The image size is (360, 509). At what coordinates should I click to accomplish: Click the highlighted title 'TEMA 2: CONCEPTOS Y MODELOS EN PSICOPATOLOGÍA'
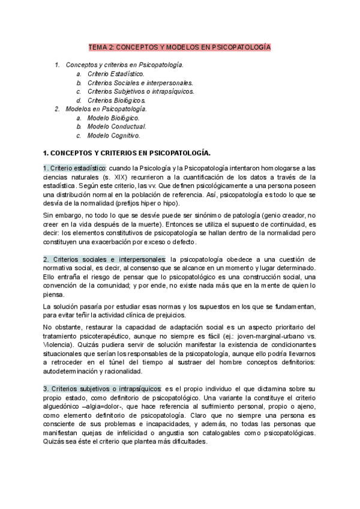[x=179, y=46]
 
